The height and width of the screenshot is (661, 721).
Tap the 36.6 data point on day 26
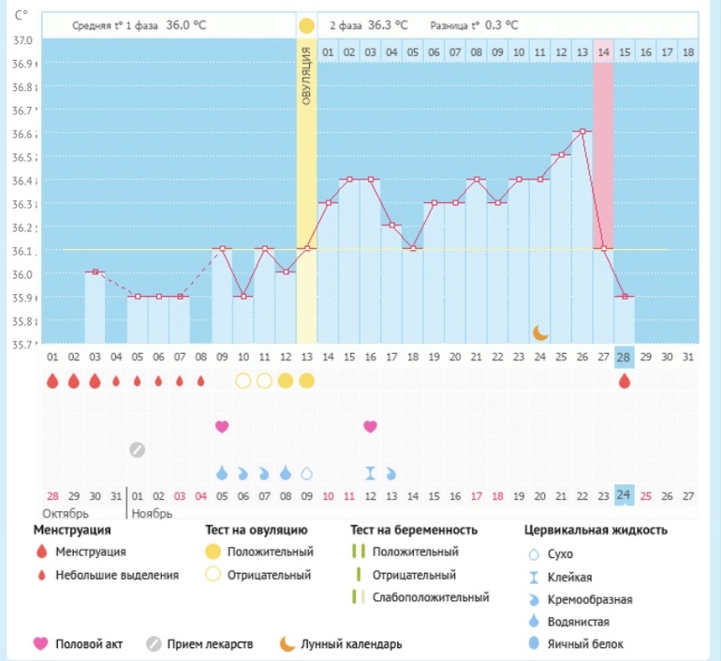click(582, 132)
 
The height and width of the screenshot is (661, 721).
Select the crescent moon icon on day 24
click(540, 331)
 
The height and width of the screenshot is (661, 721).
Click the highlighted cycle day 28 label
click(625, 356)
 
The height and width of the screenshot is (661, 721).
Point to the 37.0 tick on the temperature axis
click(22, 40)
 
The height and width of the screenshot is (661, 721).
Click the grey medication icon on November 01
click(137, 449)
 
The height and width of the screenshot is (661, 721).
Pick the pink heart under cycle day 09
click(222, 426)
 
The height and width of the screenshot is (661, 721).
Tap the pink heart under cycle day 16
click(371, 426)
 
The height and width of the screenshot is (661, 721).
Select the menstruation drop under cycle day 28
click(625, 381)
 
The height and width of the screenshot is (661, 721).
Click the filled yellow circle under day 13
click(306, 381)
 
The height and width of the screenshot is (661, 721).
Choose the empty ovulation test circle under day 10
click(243, 381)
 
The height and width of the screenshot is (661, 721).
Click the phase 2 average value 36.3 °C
click(389, 24)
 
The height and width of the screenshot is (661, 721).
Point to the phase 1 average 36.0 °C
click(185, 24)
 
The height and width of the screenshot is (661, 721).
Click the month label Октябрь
click(63, 514)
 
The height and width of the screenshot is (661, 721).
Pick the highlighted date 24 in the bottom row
click(625, 496)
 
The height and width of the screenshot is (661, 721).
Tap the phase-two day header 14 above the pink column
click(603, 51)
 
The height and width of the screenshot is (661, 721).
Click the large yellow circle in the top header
click(306, 25)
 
